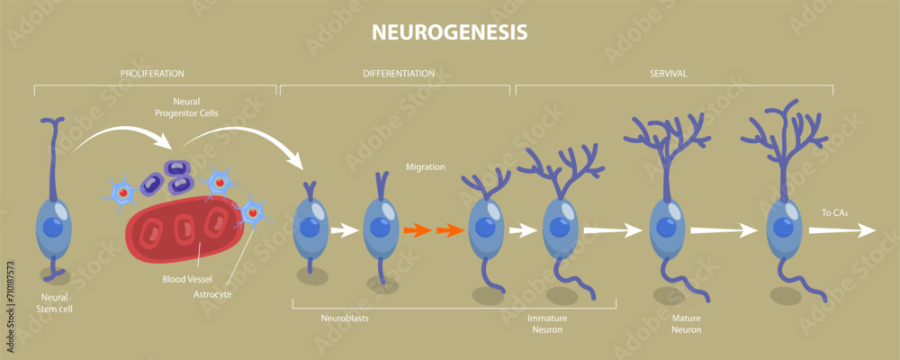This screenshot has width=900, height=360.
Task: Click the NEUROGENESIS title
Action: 449,32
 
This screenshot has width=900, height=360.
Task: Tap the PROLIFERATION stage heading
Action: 153,73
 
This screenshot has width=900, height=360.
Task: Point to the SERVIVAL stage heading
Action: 668,73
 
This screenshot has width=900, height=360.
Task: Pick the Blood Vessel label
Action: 186,279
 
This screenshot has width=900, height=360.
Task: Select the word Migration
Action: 425,166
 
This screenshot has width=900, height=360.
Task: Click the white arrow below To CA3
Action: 841,230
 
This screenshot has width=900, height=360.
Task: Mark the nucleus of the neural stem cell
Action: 51,225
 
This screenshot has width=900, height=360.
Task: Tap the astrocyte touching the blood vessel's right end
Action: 252,212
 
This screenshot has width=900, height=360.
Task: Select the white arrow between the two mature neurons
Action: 723,230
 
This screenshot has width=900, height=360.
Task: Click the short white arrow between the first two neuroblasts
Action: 345,230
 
